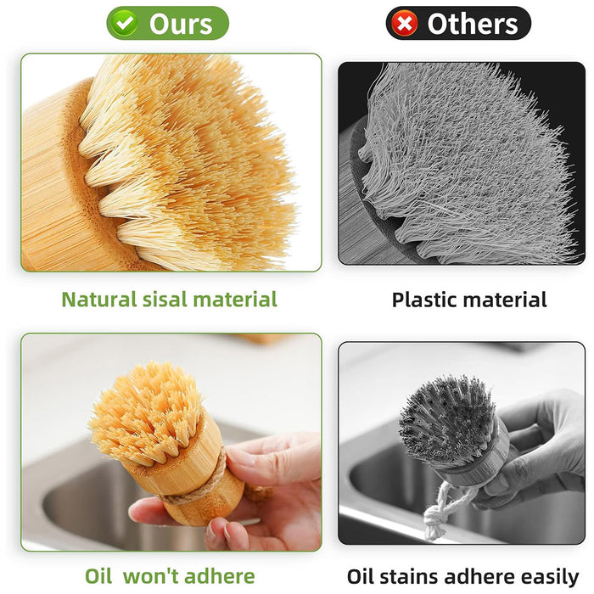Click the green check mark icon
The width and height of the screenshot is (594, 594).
click(x=126, y=24)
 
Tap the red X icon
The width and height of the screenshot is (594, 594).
click(x=406, y=24)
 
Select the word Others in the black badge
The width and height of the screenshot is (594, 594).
click(x=472, y=24)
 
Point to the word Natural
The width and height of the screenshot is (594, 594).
click(x=97, y=300)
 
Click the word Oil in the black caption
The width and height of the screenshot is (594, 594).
click(x=363, y=577)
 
